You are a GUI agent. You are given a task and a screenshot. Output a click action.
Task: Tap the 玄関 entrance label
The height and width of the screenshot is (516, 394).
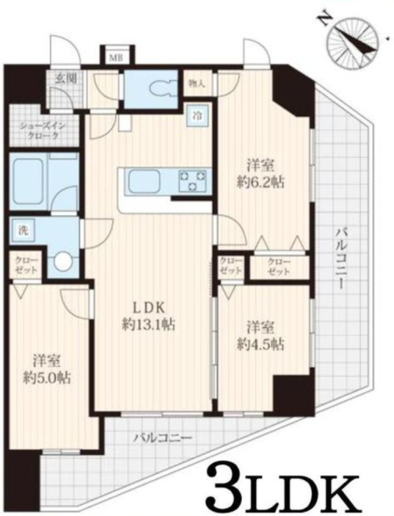(66, 79)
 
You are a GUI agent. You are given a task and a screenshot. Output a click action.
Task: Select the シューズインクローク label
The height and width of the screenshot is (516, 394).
(39, 131)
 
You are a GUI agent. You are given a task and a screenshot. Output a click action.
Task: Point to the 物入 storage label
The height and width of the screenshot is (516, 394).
(197, 84)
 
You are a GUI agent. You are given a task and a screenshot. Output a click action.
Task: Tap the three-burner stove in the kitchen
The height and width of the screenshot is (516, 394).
(192, 181)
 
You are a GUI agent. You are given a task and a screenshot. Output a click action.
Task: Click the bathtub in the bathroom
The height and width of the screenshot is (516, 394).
(27, 182)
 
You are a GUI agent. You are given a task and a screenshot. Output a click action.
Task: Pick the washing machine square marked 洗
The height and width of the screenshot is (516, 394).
(22, 231)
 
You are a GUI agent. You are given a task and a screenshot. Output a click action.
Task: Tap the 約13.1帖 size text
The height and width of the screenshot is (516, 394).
(148, 325)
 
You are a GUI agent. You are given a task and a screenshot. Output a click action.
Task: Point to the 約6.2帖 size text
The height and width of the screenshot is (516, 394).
(260, 181)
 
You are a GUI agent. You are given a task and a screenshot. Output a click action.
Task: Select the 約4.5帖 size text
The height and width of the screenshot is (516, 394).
(260, 344)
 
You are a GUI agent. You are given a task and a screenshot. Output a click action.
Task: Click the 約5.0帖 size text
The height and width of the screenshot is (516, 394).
(46, 379)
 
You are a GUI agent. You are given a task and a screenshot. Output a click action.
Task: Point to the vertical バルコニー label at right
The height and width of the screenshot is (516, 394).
(340, 258)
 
